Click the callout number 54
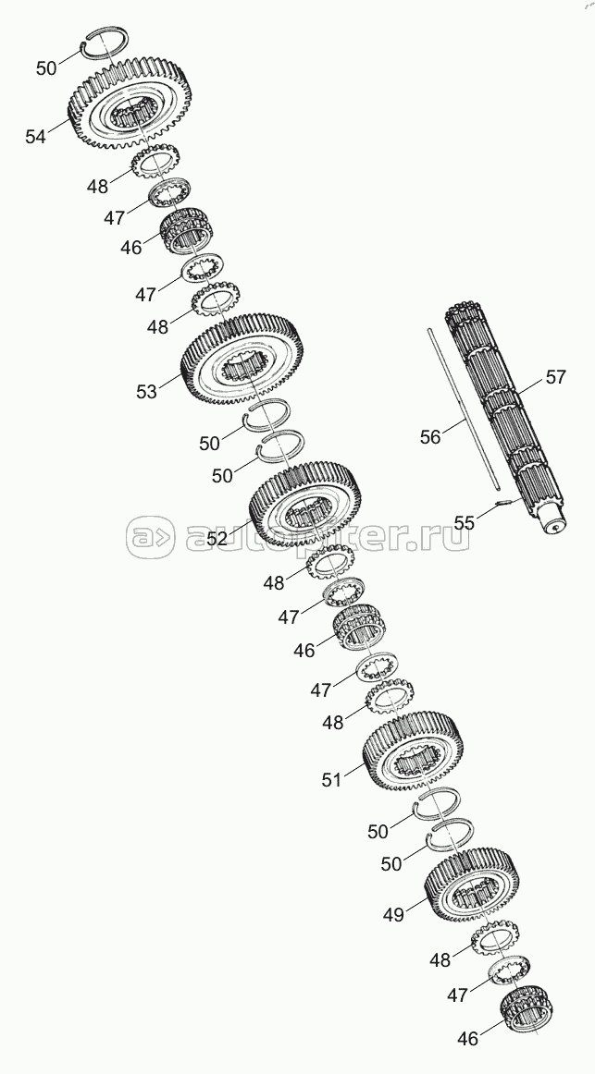(36, 137)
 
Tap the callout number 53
(146, 392)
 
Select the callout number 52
(217, 539)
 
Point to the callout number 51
(331, 779)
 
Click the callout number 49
(392, 915)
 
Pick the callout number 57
(556, 376)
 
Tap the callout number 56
(429, 436)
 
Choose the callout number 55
(465, 522)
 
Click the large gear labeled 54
(130, 104)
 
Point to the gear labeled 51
(413, 751)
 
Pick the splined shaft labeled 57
(504, 417)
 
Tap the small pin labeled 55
(502, 504)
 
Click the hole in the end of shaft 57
(554, 528)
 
